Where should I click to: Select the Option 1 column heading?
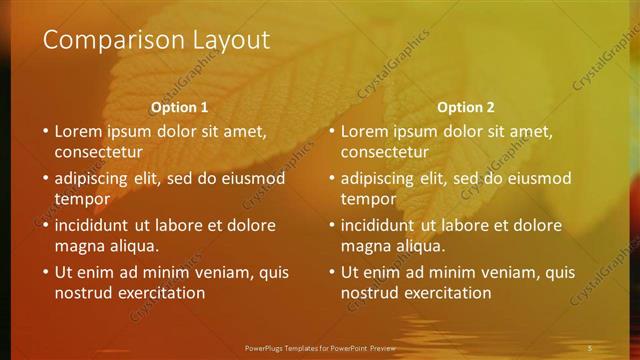pos(179,107)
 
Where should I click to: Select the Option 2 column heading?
pos(465,107)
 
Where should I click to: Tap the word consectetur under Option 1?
pos(98,153)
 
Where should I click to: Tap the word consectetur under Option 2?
pos(384,153)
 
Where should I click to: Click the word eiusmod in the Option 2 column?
pos(539,178)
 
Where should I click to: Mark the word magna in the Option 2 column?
pos(366,246)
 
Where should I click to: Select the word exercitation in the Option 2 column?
pos(446,293)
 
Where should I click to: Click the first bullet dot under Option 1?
pos(45,131)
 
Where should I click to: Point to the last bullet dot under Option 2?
pos(331,272)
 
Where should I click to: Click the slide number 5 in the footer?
pos(590,347)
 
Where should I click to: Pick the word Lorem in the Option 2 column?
pos(364,131)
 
